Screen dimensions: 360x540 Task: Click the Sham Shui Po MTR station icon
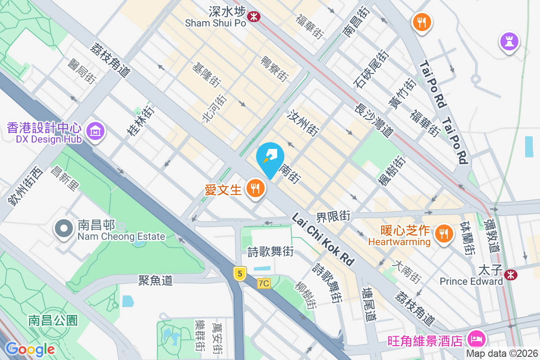pos(254,17)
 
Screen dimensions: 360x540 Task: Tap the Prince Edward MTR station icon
pos(510,274)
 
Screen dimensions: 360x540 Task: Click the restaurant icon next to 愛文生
pos(256,189)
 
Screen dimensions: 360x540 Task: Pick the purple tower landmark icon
pos(509,42)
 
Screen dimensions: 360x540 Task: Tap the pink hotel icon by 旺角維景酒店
pos(476,338)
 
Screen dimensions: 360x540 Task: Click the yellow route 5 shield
pos(240,273)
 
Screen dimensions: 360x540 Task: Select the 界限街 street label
pos(333,216)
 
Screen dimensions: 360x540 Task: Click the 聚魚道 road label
pos(155,280)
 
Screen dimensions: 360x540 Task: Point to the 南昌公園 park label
pos(53,320)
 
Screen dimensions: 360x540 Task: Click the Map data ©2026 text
pos(502,353)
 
